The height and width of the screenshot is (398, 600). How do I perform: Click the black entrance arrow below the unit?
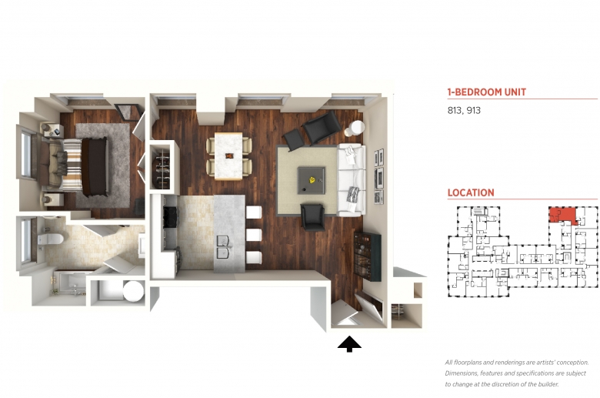(349, 344)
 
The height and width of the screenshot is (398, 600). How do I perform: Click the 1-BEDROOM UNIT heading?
(486, 92)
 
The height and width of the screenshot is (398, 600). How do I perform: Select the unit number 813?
(454, 110)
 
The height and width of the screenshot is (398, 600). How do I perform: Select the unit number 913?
(473, 110)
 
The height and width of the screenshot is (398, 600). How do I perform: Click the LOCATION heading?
(471, 192)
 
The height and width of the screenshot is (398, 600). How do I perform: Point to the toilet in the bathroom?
(50, 239)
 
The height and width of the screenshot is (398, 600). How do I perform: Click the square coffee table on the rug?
(312, 180)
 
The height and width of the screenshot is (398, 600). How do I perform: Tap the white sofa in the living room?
(352, 179)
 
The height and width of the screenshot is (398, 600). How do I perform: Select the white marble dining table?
(228, 156)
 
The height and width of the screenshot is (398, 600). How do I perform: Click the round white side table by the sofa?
(356, 128)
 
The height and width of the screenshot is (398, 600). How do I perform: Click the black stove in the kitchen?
(171, 217)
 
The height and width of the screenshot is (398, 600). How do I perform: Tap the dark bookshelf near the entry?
(367, 256)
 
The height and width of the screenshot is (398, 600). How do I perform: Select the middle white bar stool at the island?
(254, 235)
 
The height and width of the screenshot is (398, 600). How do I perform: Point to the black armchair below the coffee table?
(313, 217)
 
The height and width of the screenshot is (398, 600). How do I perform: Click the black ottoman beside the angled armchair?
(294, 139)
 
